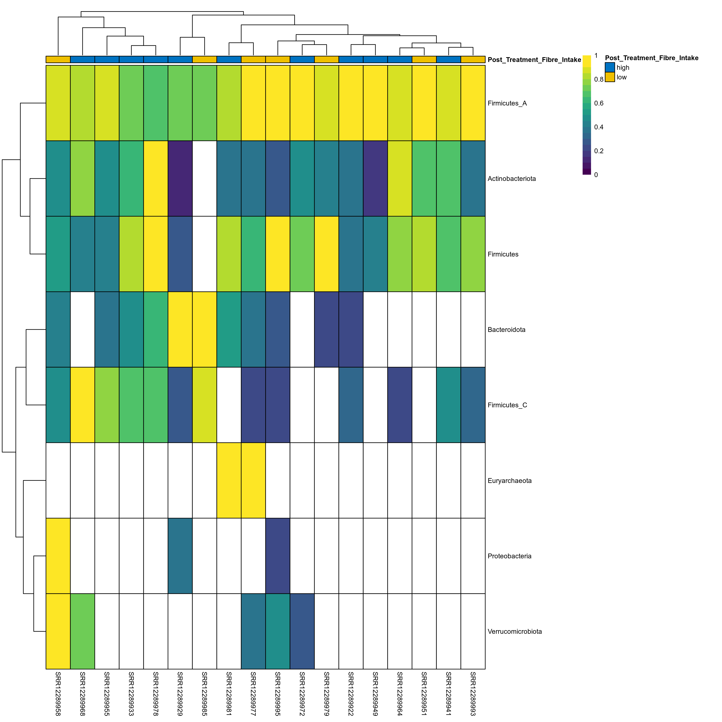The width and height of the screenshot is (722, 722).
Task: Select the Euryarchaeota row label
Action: (509, 481)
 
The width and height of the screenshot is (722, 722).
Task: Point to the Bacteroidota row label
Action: (506, 330)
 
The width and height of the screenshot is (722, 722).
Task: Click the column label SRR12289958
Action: (58, 694)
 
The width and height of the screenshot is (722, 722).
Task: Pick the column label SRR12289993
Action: (473, 694)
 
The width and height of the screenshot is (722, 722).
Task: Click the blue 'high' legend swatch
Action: (609, 67)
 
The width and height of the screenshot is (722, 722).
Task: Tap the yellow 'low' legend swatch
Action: (609, 77)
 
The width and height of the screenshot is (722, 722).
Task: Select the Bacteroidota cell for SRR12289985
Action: (204, 329)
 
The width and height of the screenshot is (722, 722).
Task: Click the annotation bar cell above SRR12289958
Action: (58, 59)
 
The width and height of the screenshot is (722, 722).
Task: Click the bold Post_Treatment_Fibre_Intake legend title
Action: (651, 58)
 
